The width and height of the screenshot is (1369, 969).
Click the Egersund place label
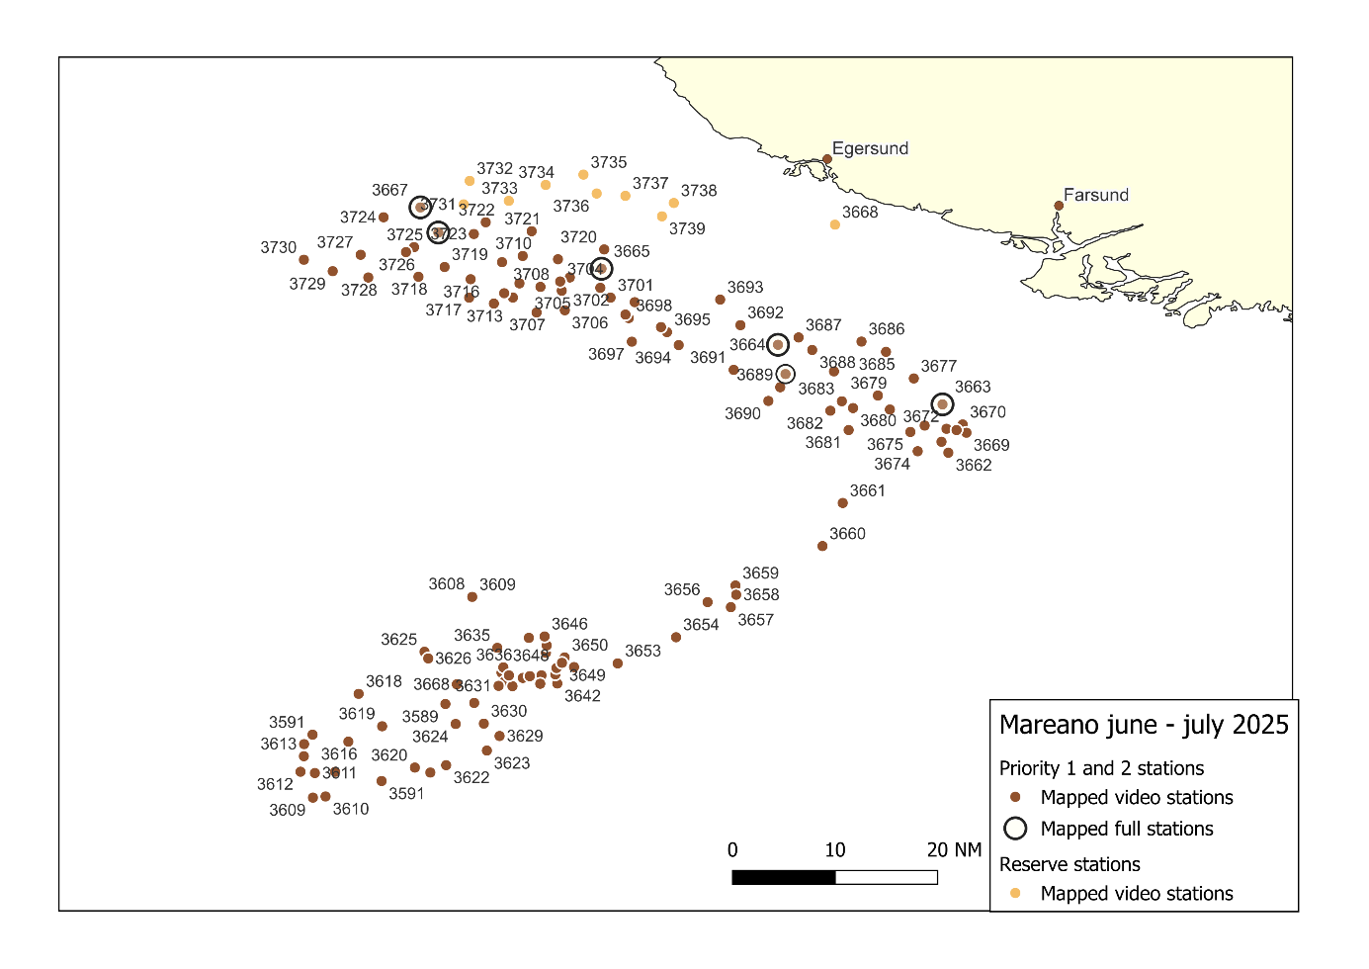[x=870, y=148]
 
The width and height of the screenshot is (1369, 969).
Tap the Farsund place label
[x=1095, y=195]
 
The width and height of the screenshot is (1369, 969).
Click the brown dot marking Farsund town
[x=1059, y=206]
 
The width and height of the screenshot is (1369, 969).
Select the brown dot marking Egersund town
[x=827, y=159]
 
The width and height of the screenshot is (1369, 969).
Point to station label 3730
[x=279, y=247]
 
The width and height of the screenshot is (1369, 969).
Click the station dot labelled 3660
[x=822, y=546]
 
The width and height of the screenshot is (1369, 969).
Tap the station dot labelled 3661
[x=842, y=503]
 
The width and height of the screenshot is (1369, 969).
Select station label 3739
[x=687, y=228]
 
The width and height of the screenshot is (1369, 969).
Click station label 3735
[x=609, y=162]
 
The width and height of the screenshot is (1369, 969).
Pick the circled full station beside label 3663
[x=942, y=403]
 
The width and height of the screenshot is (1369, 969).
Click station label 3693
[x=745, y=287]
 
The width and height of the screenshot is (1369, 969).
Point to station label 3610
[x=351, y=809]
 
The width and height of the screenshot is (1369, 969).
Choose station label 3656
[x=682, y=589]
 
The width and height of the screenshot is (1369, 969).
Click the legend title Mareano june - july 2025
[x=1144, y=725]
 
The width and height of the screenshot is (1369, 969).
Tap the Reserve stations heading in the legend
[x=1070, y=864]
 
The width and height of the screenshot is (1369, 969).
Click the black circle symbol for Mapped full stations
[x=1015, y=829]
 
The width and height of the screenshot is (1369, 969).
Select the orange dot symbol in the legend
[x=1015, y=894]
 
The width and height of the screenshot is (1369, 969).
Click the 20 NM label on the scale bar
[x=954, y=850]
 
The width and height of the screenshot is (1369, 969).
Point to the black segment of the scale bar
[x=784, y=877]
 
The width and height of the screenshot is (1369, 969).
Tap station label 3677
[x=939, y=366]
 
